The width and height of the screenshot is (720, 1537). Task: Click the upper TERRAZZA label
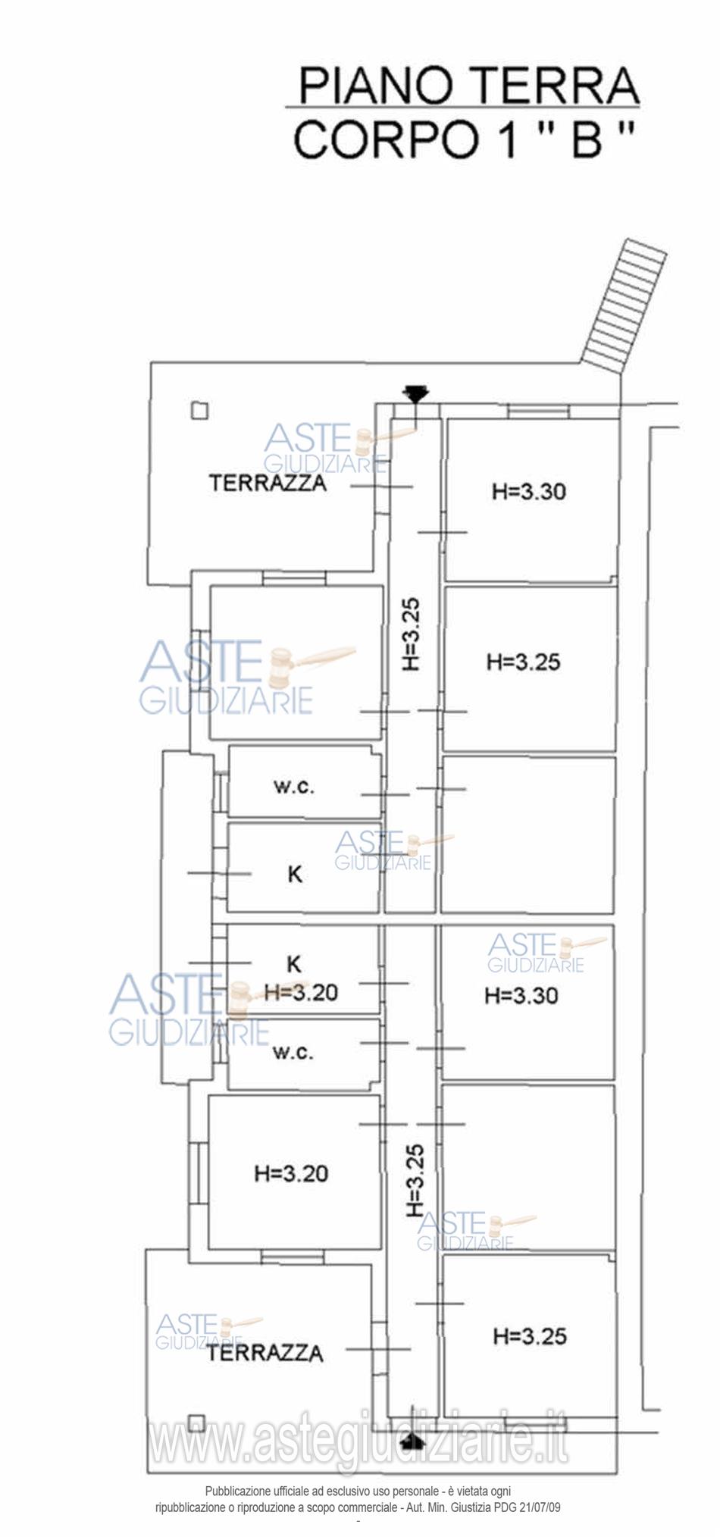pyautogui.click(x=268, y=483)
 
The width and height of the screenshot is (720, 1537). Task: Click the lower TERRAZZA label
pyautogui.click(x=265, y=1352)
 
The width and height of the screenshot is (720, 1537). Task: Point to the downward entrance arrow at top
pyautogui.click(x=416, y=394)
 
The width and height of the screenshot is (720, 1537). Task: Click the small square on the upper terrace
pyautogui.click(x=199, y=410)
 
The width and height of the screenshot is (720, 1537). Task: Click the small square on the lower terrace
pyautogui.click(x=196, y=1422)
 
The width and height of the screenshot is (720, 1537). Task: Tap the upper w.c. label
pyautogui.click(x=293, y=786)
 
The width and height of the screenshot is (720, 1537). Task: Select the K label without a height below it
pyautogui.click(x=296, y=874)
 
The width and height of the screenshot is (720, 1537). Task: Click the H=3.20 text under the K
pyautogui.click(x=301, y=991)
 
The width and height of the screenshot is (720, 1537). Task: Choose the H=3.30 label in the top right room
pyautogui.click(x=529, y=491)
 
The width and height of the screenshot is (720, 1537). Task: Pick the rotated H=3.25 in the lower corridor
pyautogui.click(x=415, y=1180)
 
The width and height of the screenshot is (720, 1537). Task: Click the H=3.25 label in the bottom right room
pyautogui.click(x=530, y=1335)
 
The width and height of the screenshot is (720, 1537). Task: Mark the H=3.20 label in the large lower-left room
pyautogui.click(x=291, y=1173)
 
